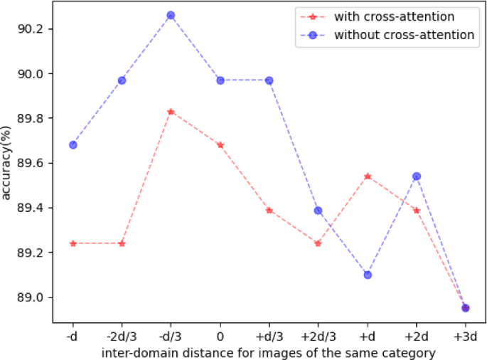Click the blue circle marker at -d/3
click(171, 15)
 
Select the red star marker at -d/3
click(171, 112)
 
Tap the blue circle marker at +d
click(368, 275)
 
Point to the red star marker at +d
click(368, 176)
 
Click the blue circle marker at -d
click(73, 144)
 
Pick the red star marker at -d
click(73, 243)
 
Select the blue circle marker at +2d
click(417, 176)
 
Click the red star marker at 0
click(220, 144)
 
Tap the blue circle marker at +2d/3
click(319, 210)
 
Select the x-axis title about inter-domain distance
click(268, 351)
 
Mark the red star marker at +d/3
click(269, 210)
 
